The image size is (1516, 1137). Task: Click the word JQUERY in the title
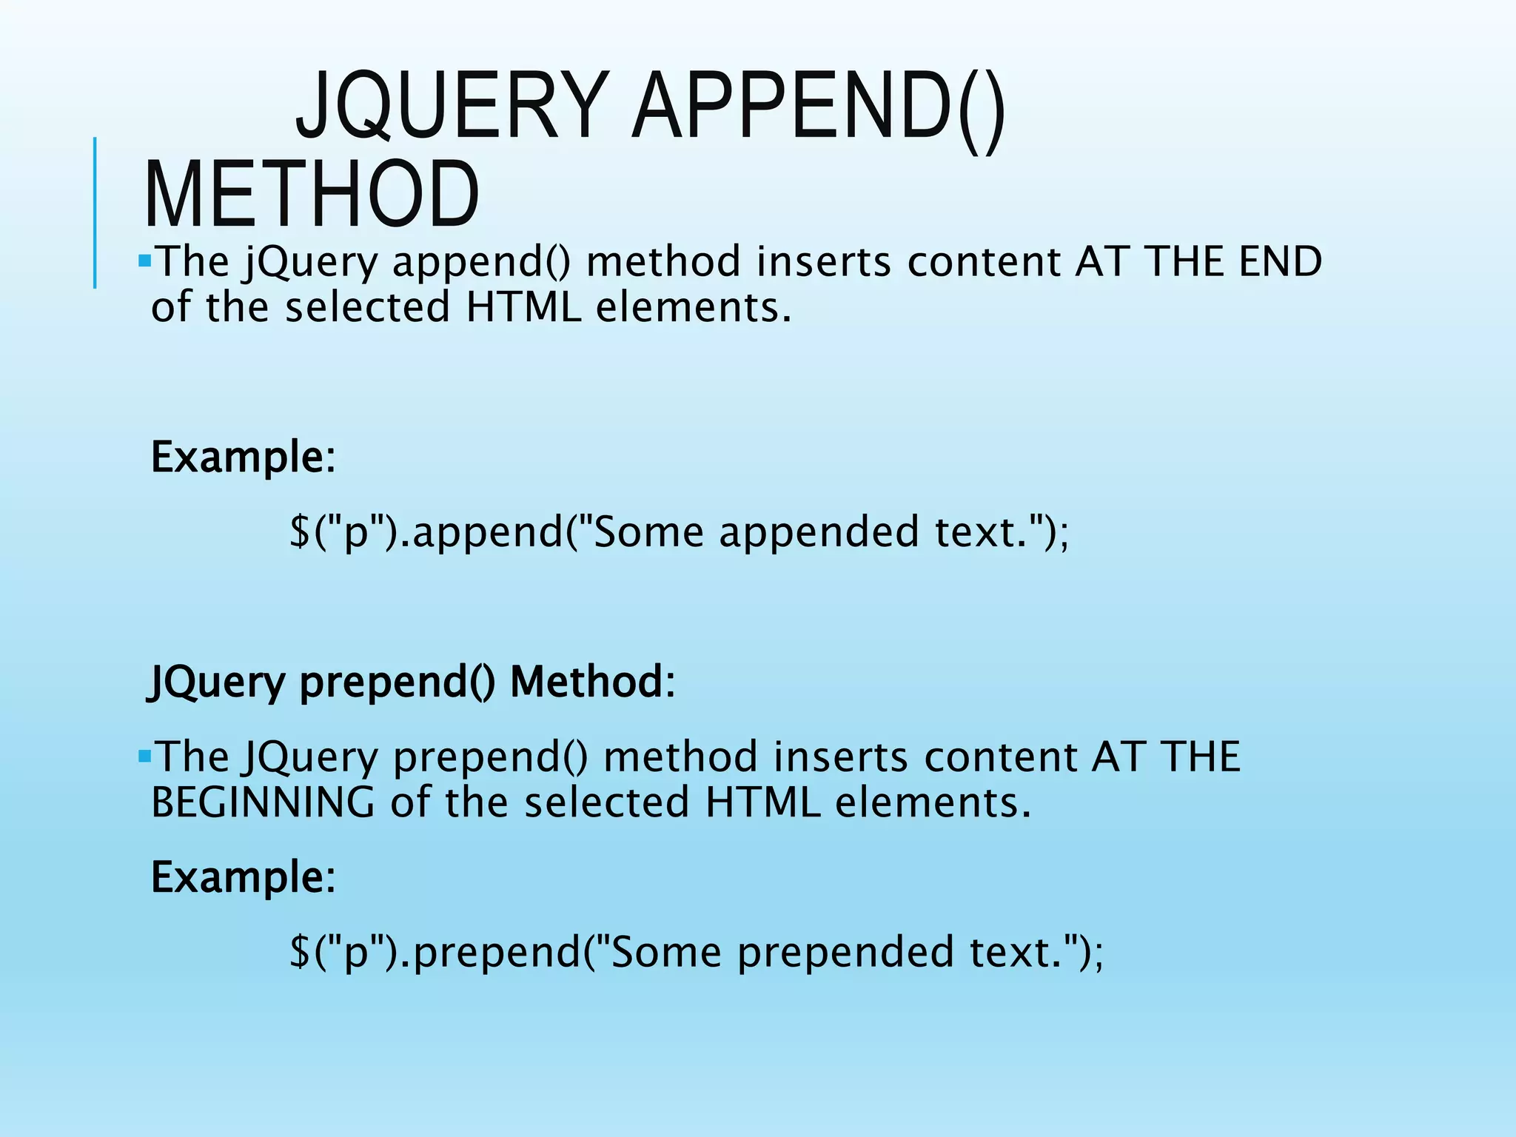coord(451,106)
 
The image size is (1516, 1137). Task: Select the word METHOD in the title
coord(312,194)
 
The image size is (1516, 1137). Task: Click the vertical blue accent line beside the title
coord(95,212)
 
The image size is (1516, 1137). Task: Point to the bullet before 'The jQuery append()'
coord(144,261)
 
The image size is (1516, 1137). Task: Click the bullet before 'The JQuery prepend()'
coord(144,756)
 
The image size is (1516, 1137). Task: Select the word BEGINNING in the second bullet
coord(263,802)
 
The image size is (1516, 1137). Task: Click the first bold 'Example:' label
coord(244,457)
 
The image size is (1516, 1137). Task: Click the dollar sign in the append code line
coord(300,531)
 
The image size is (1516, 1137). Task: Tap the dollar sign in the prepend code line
coord(300,952)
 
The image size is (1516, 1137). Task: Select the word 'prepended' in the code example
coord(845,953)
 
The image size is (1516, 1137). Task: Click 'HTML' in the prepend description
coord(762,802)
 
